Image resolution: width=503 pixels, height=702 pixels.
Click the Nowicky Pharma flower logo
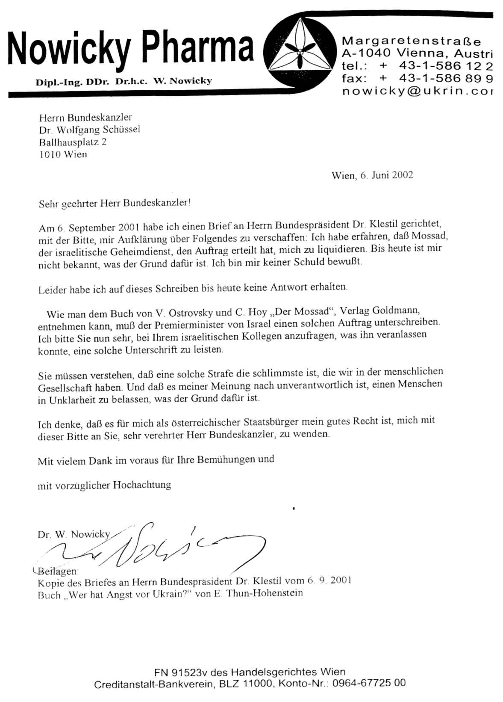click(x=300, y=50)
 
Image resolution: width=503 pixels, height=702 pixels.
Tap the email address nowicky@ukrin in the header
click(x=417, y=92)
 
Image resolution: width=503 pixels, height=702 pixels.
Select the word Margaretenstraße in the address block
click(x=411, y=41)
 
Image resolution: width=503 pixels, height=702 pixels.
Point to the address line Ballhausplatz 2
click(x=73, y=142)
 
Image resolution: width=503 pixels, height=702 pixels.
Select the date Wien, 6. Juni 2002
click(x=372, y=175)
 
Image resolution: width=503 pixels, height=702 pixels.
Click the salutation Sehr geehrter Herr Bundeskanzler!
click(x=115, y=203)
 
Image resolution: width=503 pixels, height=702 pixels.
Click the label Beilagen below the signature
click(x=58, y=571)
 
